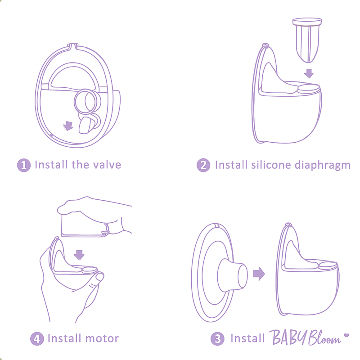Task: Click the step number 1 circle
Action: [x=24, y=165]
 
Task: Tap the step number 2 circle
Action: [x=203, y=165]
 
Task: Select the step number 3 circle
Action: [x=217, y=339]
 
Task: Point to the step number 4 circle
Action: [x=37, y=339]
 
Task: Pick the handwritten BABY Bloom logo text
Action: [x=305, y=337]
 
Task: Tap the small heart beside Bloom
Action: [x=346, y=335]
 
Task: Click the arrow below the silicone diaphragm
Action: [x=309, y=73]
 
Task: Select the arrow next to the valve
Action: [x=68, y=126]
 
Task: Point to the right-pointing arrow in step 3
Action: [x=259, y=274]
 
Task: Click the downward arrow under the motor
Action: [x=80, y=255]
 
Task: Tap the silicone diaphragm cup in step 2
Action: [x=307, y=40]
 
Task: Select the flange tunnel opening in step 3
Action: [x=243, y=276]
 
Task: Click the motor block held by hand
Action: [x=84, y=225]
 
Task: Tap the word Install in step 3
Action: [x=247, y=338]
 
